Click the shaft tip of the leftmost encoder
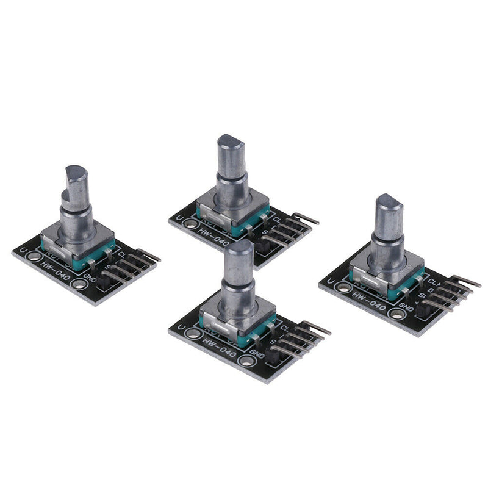tap(77, 173)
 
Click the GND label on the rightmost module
tap(407, 308)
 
